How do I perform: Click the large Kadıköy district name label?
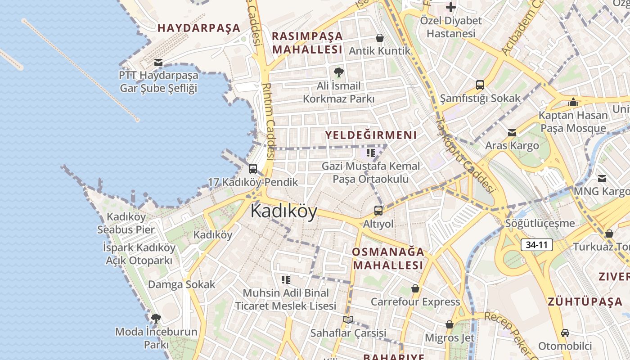point(283,211)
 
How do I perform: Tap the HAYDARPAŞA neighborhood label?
point(199,28)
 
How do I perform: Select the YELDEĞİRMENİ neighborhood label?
point(371,135)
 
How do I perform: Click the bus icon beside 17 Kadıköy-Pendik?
point(253,169)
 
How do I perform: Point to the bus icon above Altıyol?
point(378,210)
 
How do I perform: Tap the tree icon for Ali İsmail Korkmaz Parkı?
point(338,72)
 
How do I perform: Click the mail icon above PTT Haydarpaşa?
point(158,63)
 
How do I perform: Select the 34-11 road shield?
point(536,245)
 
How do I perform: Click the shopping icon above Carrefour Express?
point(415,288)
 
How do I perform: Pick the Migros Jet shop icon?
point(449,324)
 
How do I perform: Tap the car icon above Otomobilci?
point(565,333)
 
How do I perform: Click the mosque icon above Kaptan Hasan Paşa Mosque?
point(573,102)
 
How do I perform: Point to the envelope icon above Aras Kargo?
point(512,133)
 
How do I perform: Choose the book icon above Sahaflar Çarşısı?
point(348,319)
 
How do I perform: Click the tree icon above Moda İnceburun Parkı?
point(156,319)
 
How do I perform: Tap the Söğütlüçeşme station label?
point(540,223)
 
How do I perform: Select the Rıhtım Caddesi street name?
point(269,121)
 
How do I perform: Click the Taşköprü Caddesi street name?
point(467,155)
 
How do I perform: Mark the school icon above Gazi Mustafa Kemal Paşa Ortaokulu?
point(371,153)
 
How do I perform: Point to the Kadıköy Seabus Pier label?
point(126,223)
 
